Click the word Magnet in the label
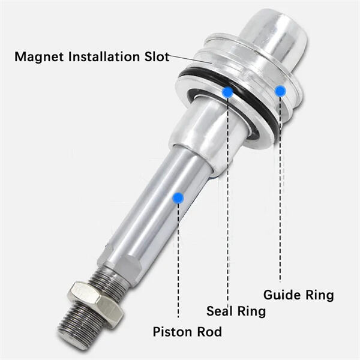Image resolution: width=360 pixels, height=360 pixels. point(38,58)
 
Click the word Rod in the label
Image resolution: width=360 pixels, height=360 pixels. point(209,332)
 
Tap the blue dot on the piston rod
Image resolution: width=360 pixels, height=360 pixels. point(178,197)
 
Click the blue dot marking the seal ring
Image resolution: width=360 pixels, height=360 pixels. point(227,92)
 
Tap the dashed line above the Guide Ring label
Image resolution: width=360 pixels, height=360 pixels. point(280,192)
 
